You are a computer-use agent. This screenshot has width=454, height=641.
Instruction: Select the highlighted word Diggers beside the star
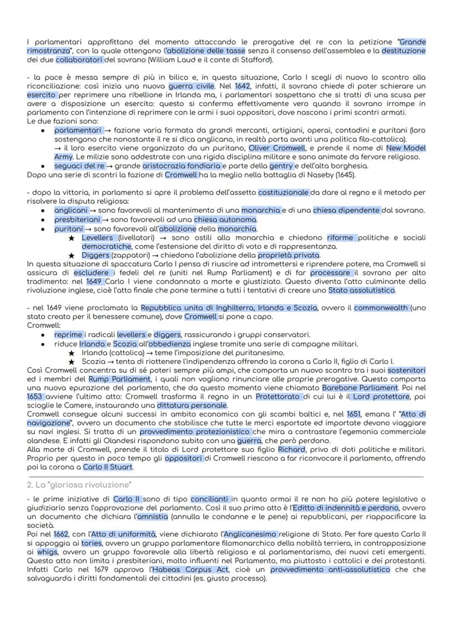point(96,255)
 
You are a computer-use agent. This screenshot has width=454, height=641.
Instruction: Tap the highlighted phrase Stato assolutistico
point(359,290)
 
